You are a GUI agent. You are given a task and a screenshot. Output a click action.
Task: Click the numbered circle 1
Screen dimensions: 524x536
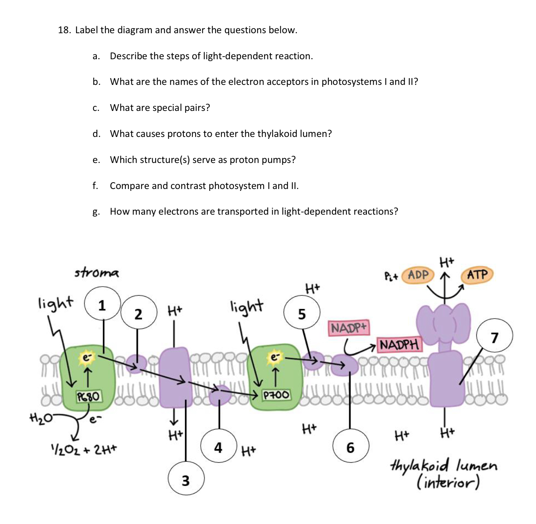[102, 304]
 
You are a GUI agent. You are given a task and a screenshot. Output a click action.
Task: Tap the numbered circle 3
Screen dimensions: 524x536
[186, 479]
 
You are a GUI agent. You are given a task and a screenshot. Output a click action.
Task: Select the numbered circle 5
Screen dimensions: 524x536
[302, 313]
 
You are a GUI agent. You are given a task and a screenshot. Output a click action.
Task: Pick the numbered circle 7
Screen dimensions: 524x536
[494, 337]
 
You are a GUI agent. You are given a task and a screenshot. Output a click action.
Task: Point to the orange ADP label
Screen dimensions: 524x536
[418, 275]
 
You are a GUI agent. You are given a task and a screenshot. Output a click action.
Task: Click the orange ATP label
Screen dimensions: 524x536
[477, 274]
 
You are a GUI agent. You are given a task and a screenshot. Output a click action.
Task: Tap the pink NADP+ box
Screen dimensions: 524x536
[348, 328]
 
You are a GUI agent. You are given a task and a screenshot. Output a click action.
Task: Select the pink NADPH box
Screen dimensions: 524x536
[399, 344]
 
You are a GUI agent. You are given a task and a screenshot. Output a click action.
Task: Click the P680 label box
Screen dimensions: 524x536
[89, 396]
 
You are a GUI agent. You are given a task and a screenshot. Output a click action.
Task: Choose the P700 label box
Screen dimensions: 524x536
[276, 395]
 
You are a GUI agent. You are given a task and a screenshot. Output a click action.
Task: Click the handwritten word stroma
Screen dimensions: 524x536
[96, 272]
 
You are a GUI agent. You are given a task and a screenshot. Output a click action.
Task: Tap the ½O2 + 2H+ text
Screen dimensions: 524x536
[84, 449]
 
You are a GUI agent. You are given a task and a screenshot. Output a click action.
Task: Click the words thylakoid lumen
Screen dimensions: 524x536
[444, 466]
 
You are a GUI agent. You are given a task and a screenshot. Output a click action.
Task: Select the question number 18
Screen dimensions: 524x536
[64, 30]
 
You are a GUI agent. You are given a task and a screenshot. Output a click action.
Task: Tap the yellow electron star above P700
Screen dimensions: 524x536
[275, 357]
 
